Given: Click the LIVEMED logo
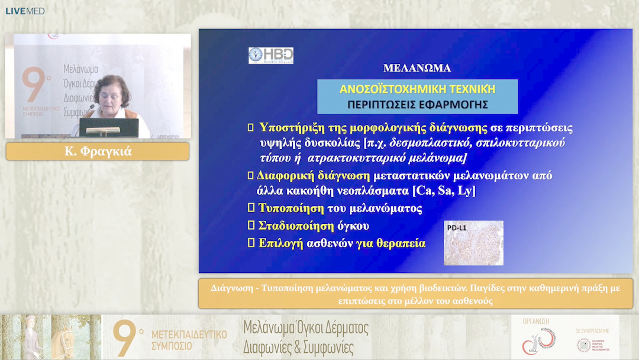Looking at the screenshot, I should [x=25, y=11].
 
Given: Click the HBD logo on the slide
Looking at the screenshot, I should [x=270, y=56].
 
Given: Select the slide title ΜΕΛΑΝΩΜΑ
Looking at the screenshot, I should [x=417, y=68].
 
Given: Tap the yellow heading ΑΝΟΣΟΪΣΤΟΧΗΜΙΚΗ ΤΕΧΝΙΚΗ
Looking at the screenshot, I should [x=417, y=89].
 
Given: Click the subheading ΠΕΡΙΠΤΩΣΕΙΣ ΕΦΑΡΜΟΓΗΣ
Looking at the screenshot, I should [x=417, y=105].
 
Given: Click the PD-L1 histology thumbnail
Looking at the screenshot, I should [x=473, y=243].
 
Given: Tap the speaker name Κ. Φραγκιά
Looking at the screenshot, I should [x=97, y=152].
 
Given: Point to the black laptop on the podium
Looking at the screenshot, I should [x=109, y=127].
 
